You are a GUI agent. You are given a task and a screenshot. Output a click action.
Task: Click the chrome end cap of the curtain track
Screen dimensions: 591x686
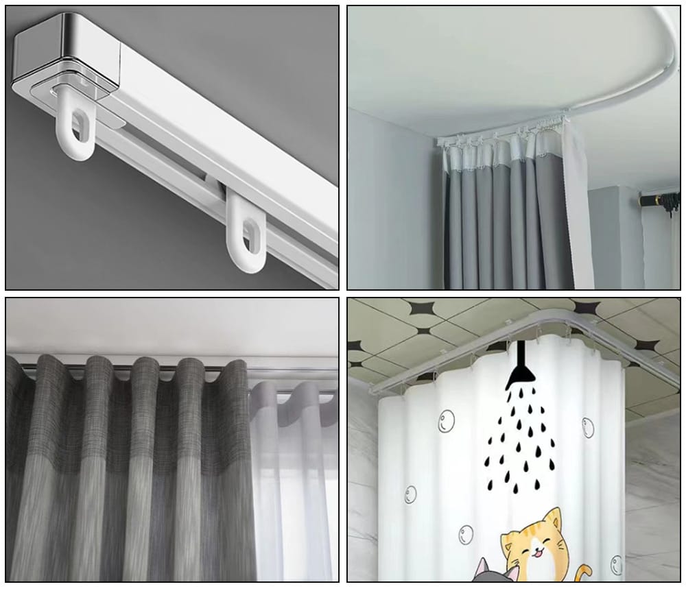tap(65, 51)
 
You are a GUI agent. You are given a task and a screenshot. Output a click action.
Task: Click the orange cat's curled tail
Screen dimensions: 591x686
tap(583, 573)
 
